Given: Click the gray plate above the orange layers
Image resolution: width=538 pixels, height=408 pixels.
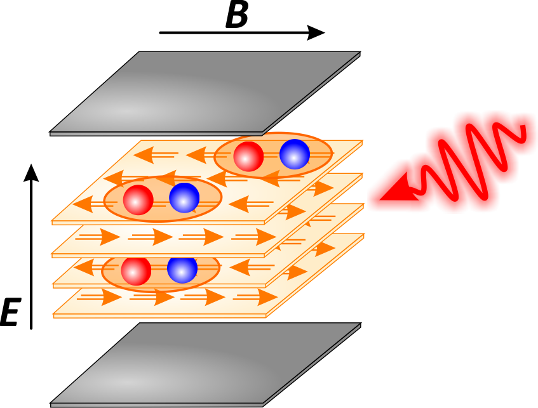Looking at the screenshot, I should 203,92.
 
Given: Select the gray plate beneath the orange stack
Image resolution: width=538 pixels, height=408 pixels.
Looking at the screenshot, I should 203,365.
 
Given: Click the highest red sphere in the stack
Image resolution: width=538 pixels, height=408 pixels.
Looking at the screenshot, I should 248,156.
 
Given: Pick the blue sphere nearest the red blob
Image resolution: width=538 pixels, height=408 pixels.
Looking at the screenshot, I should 295,154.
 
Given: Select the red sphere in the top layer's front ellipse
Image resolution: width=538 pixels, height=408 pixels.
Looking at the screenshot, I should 138,200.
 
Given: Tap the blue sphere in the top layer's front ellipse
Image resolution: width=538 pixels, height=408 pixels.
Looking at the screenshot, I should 184,198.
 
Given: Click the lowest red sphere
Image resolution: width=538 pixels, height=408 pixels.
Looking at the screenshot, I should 136,271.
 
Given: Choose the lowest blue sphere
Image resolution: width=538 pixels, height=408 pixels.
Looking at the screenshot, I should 182,269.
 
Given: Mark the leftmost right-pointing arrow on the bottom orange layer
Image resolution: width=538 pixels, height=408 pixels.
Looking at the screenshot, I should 101,297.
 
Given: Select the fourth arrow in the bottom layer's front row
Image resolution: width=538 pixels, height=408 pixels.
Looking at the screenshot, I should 257,297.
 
